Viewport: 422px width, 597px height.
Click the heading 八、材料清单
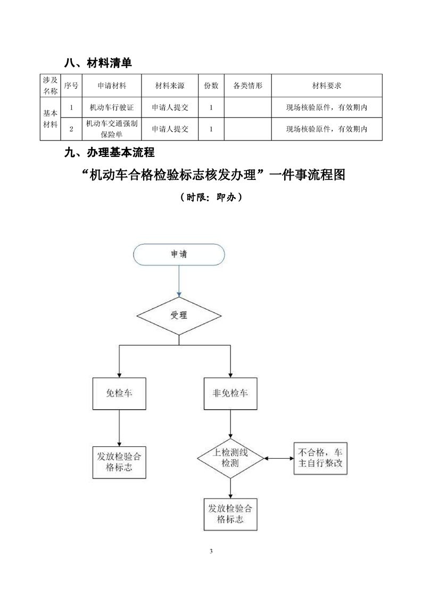[x=98, y=63]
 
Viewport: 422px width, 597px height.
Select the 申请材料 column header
[x=112, y=85]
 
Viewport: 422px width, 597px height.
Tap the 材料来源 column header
[x=170, y=85]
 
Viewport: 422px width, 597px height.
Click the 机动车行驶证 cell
[x=112, y=108]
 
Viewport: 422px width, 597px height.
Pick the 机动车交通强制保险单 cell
[x=112, y=129]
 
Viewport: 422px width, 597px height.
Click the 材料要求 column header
[x=326, y=85]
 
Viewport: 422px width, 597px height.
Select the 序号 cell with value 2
[x=71, y=129]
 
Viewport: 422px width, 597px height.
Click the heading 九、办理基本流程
[x=109, y=153]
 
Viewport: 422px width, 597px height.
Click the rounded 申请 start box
[x=179, y=254]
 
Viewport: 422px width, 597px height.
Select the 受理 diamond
[x=179, y=315]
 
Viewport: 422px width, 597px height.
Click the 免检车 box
[x=119, y=394]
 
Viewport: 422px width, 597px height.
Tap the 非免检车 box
[x=230, y=394]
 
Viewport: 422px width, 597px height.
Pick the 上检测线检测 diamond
[x=230, y=458]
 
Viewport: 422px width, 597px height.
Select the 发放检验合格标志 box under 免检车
[x=119, y=462]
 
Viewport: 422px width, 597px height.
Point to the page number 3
[x=211, y=551]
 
